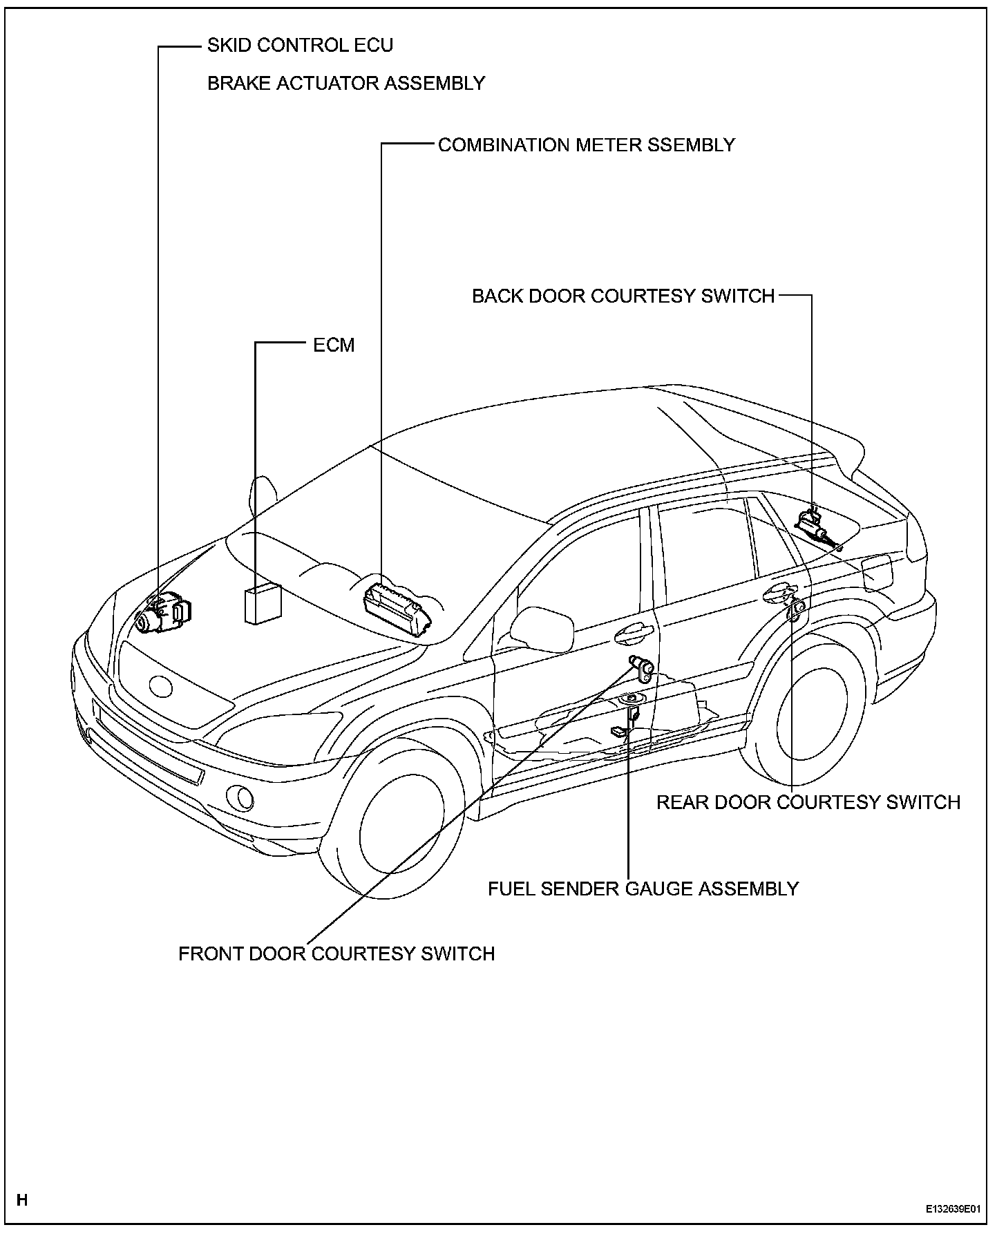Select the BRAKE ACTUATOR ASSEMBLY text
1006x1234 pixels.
point(346,84)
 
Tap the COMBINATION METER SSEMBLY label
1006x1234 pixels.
point(587,145)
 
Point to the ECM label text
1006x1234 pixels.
point(334,345)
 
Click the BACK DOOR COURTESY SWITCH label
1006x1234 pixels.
point(623,296)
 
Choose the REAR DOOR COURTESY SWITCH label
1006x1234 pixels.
point(808,802)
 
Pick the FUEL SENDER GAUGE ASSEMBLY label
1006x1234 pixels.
point(643,889)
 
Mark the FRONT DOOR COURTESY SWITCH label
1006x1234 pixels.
point(336,953)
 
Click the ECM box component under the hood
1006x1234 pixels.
point(263,604)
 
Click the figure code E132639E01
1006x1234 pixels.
point(953,1209)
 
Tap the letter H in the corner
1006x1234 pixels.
point(22,1199)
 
